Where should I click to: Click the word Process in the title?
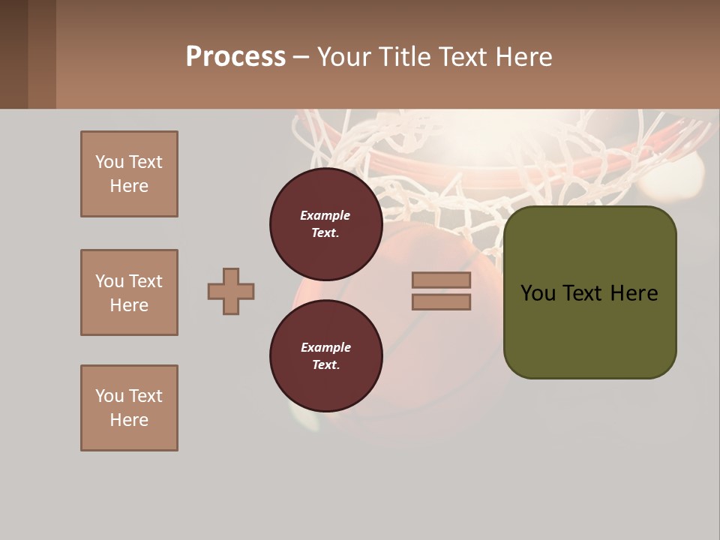click(235, 57)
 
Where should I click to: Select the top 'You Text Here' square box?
click(129, 174)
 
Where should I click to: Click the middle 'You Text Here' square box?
click(129, 292)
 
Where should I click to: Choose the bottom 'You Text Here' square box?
click(129, 408)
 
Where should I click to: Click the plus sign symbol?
click(231, 291)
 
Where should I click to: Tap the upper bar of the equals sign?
click(441, 280)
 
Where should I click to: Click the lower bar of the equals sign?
click(441, 302)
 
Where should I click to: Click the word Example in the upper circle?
click(325, 215)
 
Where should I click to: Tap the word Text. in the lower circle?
click(325, 364)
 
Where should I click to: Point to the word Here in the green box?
click(634, 293)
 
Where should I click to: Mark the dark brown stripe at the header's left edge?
click(13, 54)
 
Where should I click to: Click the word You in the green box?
click(538, 293)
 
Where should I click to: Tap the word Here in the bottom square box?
click(129, 420)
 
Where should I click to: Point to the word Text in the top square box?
click(145, 162)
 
